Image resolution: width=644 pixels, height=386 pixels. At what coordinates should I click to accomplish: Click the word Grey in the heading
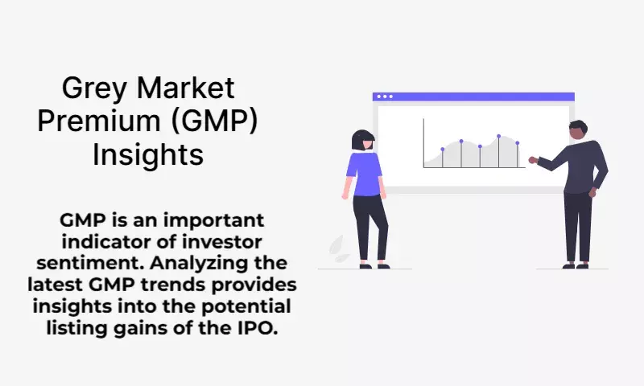pos(93,88)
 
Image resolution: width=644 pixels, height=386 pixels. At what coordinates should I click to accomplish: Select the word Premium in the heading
pos(99,121)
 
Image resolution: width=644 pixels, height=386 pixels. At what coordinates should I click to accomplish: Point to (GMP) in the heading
pos(214,121)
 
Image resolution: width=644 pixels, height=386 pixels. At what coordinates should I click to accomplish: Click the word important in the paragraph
pos(213,221)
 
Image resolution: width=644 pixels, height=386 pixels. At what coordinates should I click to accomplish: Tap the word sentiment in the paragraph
pos(90,263)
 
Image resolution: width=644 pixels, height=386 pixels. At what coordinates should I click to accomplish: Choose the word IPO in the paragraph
pos(257,328)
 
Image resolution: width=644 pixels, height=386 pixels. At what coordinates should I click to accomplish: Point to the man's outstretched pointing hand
pos(533,159)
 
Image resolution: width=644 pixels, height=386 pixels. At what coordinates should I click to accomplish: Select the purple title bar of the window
pos(473,96)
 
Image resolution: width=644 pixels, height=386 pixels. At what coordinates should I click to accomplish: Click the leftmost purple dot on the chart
pos(442,150)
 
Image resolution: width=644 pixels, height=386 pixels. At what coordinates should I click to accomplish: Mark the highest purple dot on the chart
pos(498,136)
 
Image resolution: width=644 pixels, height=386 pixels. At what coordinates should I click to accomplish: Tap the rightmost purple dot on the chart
pos(517,143)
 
